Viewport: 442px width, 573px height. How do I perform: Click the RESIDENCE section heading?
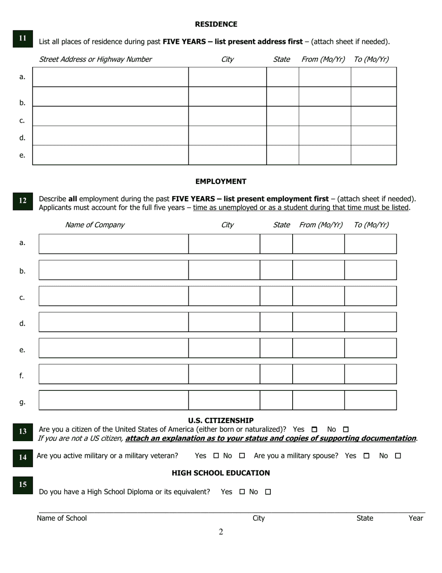click(216, 24)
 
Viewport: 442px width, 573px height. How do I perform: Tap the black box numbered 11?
click(23, 39)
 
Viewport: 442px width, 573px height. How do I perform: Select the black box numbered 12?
click(23, 201)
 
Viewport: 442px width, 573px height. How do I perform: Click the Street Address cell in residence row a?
click(110, 77)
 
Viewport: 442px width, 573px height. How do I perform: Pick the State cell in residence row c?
click(282, 116)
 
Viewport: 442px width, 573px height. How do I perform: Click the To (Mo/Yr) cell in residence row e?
click(374, 155)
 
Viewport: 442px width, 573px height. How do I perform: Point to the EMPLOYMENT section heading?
click(221, 182)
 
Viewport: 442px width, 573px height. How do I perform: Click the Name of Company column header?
click(94, 225)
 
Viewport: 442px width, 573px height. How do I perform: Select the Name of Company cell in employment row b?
click(114, 270)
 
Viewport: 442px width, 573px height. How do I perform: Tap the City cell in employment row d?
click(224, 322)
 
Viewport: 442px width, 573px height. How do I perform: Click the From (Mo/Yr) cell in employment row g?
click(318, 400)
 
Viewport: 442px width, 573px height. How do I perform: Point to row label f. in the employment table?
click(22, 375)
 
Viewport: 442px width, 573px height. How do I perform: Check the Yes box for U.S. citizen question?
click(314, 430)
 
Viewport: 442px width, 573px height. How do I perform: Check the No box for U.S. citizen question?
click(345, 430)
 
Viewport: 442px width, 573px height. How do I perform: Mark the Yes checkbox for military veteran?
click(216, 456)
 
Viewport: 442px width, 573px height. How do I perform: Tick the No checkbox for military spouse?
click(398, 456)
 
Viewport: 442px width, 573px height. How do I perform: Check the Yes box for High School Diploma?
click(242, 492)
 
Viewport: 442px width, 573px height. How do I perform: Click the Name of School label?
click(62, 518)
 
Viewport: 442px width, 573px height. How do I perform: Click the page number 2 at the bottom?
click(221, 532)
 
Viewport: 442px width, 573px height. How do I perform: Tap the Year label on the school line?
click(415, 518)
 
